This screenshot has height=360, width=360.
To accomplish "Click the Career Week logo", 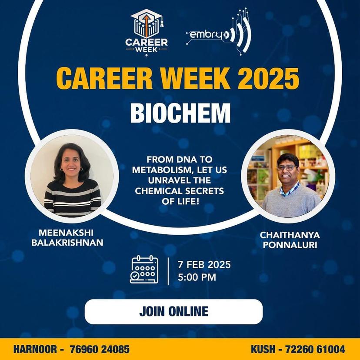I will tap(147, 31).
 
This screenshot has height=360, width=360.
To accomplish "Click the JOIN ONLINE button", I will tap(173, 311).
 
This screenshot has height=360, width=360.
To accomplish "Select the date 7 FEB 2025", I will tap(204, 264).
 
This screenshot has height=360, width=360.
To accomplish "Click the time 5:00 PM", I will tap(197, 277).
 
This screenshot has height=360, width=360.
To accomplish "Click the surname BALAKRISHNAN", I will tap(67, 243).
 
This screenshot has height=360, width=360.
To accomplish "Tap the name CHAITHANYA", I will tap(290, 235).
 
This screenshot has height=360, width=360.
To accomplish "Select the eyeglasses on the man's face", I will tap(287, 167).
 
